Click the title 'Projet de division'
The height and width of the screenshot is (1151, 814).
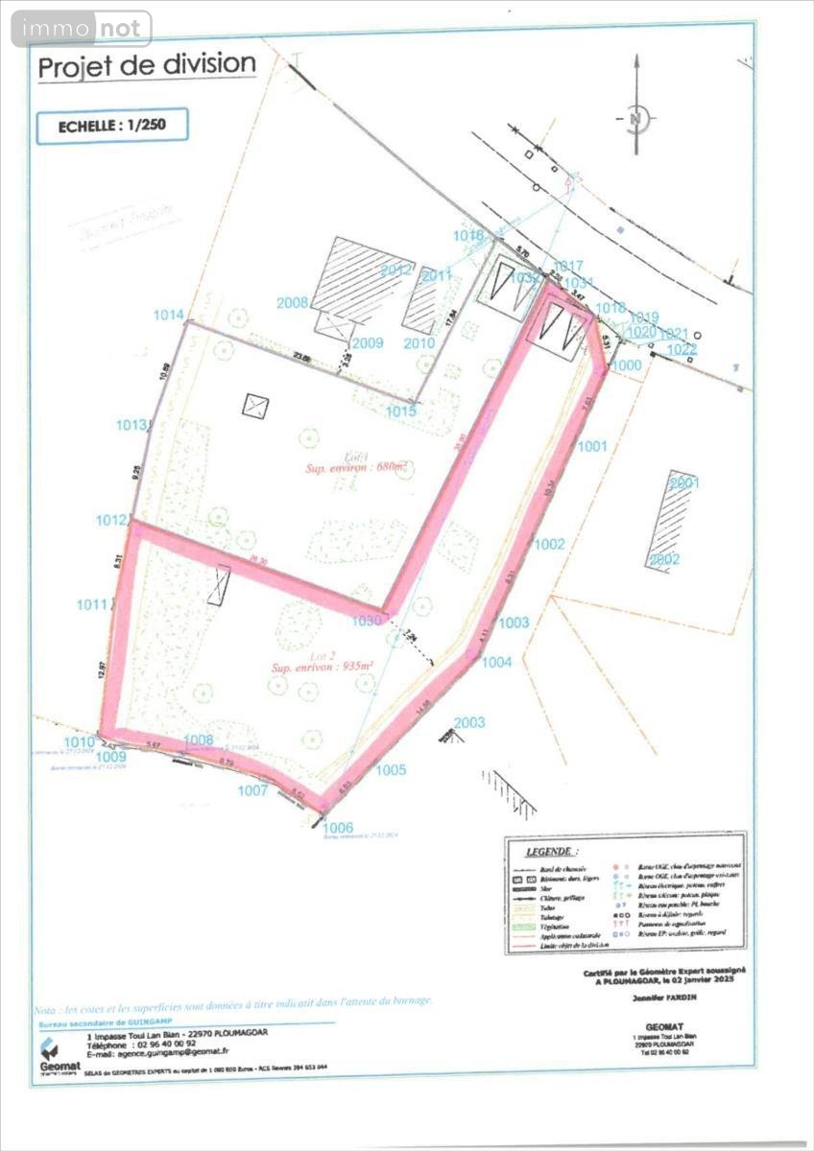[x=147, y=66]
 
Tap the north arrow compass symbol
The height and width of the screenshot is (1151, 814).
[x=635, y=119]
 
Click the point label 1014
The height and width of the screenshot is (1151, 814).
[x=168, y=315]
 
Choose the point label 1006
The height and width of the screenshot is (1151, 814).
[x=338, y=828]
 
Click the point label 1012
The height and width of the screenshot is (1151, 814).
[x=111, y=520]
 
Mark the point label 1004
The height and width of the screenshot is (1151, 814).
[x=497, y=662]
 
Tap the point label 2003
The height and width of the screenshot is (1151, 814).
[x=469, y=722]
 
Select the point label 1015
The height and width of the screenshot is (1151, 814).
[x=401, y=411]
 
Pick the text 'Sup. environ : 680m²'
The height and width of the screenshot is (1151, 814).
[x=356, y=467]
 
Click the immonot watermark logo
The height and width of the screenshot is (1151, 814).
[x=82, y=29]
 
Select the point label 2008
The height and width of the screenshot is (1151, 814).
[x=293, y=303]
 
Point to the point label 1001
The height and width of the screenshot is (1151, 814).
[x=593, y=446]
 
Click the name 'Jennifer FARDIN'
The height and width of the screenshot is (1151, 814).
[x=663, y=998]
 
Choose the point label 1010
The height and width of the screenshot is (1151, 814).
[x=80, y=741]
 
